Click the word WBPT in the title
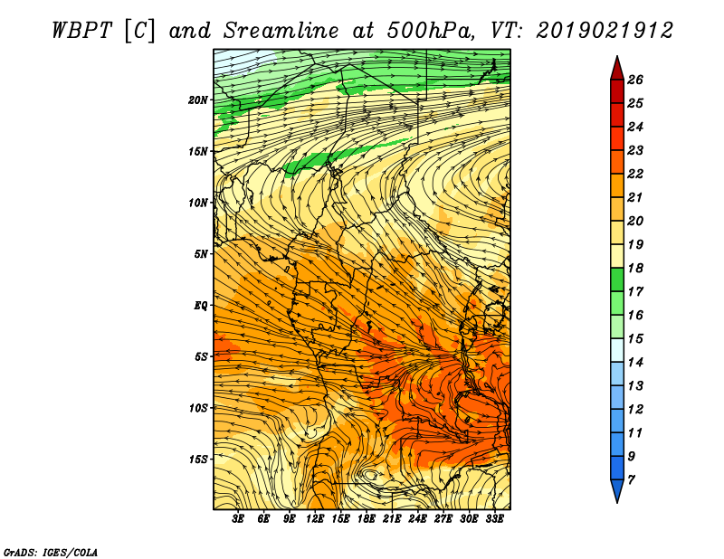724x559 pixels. pos(81,31)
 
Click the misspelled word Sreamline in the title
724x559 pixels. pos(281,31)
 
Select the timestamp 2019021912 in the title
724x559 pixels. pos(605,31)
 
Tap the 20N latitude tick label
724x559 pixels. pos(198,100)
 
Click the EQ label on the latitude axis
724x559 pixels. pos(201,306)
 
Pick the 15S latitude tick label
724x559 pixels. pos(198,460)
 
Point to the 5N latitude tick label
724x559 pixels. pos(201,254)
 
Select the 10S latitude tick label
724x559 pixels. pos(198,408)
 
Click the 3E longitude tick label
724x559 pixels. pos(238,519)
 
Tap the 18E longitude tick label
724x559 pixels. pos(367,519)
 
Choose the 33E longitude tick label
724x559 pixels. pos(494,519)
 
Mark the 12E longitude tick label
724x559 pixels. pos(315,519)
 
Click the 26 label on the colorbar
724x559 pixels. pos(635,80)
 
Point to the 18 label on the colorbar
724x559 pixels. pos(635,268)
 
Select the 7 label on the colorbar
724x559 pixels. pos(631,480)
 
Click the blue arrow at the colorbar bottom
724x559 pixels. pos(617,489)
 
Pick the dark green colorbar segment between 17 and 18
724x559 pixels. pos(617,279)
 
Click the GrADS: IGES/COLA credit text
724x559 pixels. pos(51,552)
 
